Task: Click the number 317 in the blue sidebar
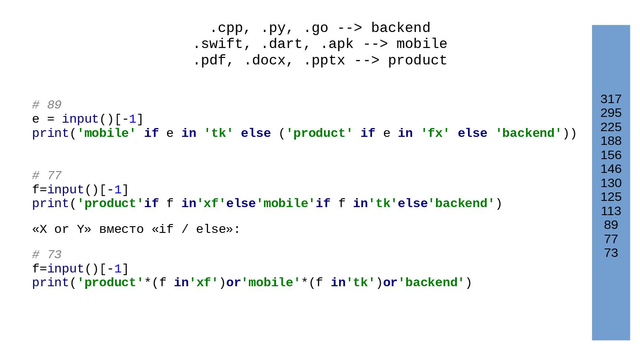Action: [611, 99]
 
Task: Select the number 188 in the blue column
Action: [611, 141]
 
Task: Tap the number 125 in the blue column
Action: [611, 197]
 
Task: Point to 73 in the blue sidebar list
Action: [611, 253]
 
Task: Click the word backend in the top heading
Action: [400, 28]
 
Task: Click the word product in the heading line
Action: [417, 60]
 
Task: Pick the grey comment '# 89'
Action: [47, 105]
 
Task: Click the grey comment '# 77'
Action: [47, 176]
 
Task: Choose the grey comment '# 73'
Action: [47, 255]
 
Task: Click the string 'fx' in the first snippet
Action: [435, 133]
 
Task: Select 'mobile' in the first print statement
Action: [107, 133]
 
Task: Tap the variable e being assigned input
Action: [36, 120]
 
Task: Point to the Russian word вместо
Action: [121, 229]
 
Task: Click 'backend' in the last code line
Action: [431, 283]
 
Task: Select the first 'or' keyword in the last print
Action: [233, 283]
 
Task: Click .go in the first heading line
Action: [316, 28]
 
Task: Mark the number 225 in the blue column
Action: [611, 127]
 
